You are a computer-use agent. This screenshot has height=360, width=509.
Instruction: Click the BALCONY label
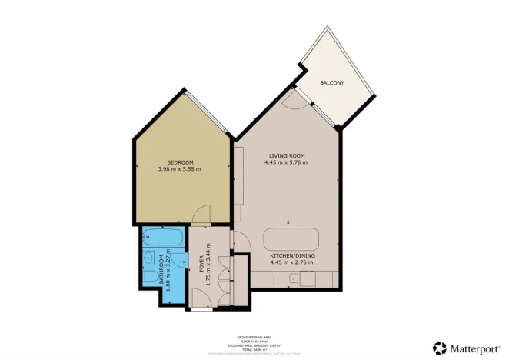tap(332, 82)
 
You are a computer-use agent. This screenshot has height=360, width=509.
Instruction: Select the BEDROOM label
tap(179, 162)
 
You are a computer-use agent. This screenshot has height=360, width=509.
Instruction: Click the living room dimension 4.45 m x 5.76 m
tap(286, 163)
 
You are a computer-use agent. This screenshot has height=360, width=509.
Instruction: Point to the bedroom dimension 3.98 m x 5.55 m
tap(179, 169)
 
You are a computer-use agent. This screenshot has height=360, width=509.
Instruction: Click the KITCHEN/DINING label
tap(292, 255)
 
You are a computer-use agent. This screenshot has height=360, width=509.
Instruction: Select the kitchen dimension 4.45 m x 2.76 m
tap(292, 262)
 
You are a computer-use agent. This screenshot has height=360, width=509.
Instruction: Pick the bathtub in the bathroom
tap(163, 238)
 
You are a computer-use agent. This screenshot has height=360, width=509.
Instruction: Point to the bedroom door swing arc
tap(199, 217)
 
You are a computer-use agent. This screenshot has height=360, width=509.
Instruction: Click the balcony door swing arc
tap(291, 100)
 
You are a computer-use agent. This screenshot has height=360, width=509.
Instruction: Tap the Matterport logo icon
tap(440, 348)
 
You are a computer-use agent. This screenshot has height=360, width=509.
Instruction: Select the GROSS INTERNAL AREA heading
tap(254, 335)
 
